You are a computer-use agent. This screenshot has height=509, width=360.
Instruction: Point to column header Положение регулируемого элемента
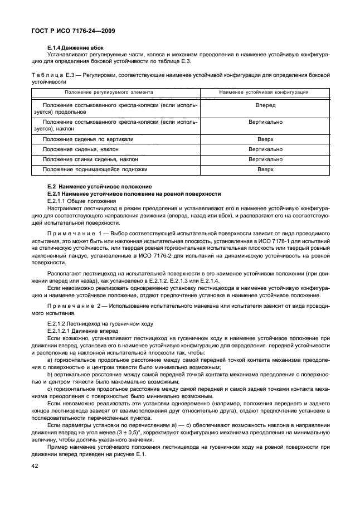click(x=109, y=92)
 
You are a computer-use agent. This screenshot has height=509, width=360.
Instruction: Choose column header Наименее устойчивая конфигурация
click(x=264, y=92)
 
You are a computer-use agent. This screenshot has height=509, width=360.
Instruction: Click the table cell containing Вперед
click(x=265, y=105)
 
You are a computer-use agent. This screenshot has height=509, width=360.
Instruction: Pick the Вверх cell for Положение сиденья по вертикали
click(x=265, y=139)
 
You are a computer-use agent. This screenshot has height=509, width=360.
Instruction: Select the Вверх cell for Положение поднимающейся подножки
click(x=265, y=169)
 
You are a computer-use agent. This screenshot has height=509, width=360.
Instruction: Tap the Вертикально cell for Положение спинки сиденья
click(x=265, y=159)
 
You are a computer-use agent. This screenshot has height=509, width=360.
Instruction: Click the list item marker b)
click(x=51, y=375)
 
